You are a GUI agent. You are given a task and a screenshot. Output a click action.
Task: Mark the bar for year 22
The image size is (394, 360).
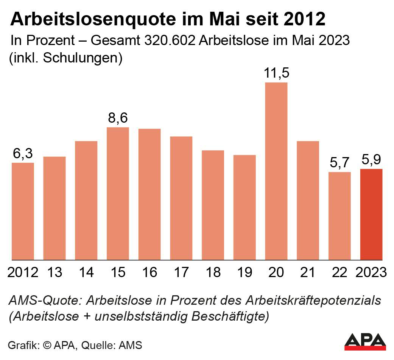click(x=339, y=216)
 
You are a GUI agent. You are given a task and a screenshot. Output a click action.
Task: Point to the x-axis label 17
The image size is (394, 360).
click(x=181, y=272)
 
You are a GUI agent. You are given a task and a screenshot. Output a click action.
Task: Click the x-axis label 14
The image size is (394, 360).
click(x=86, y=272)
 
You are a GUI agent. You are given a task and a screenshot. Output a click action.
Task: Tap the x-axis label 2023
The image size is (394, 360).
click(x=371, y=272)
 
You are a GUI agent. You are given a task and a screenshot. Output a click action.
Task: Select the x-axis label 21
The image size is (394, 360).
click(x=308, y=272)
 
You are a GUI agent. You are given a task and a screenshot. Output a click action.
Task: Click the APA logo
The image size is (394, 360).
click(x=365, y=341)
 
